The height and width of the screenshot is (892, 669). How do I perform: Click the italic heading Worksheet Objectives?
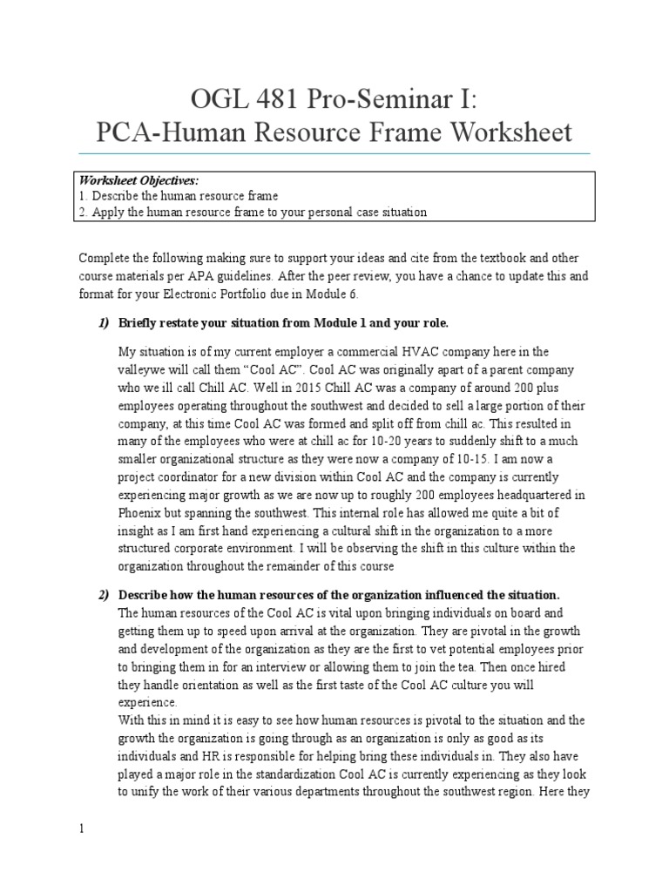pos(139,180)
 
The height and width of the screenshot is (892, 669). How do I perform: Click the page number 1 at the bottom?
pos(81,828)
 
